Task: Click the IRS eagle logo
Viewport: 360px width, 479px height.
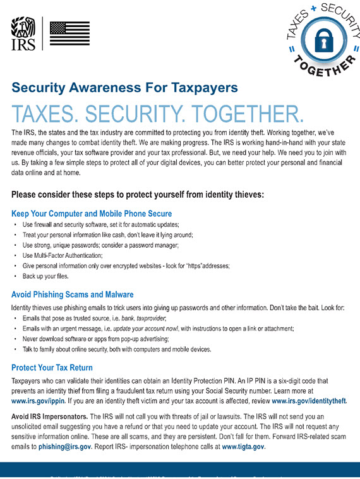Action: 23,33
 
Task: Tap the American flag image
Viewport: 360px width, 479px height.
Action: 69,33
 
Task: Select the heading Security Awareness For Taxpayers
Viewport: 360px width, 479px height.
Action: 124,87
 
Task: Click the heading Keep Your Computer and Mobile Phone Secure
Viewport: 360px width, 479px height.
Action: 92,214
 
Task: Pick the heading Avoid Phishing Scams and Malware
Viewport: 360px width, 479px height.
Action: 73,294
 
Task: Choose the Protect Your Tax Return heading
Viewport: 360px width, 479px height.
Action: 52,367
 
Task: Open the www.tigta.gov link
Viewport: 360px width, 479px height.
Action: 243,447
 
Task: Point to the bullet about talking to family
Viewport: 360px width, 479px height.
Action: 117,349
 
